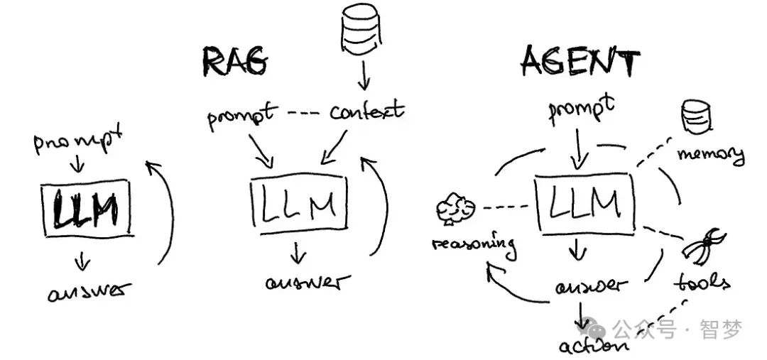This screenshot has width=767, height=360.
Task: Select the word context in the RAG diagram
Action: point(366,111)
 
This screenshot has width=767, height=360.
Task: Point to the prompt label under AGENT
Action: point(581,110)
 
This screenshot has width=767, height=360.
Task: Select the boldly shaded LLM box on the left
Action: point(87,209)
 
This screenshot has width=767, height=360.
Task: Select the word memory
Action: point(711,153)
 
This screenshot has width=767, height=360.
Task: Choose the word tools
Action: point(701,282)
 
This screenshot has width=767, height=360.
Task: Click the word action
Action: point(592,347)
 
